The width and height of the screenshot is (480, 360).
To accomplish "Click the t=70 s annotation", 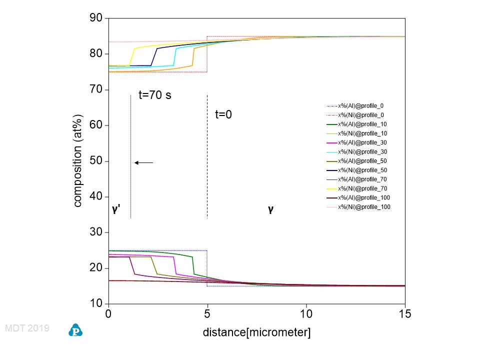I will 155,94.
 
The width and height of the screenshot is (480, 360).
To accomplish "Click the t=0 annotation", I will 223,114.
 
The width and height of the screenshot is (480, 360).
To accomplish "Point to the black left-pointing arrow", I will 143,162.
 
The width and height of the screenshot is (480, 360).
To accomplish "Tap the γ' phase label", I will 115,209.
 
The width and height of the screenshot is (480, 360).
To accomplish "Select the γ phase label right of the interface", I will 270,209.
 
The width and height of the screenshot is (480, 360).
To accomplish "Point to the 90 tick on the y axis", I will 96,18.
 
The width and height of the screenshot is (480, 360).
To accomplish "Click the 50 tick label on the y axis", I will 96,161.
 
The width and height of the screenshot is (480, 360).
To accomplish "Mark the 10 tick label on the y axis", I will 96,303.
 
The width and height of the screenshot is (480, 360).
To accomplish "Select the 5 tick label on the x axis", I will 207,314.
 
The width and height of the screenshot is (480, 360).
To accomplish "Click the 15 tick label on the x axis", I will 404,314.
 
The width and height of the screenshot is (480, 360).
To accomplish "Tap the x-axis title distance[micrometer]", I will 256,332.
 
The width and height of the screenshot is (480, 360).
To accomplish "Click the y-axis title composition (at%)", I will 78,161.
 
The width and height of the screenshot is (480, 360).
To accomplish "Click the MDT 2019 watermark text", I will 27,328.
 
